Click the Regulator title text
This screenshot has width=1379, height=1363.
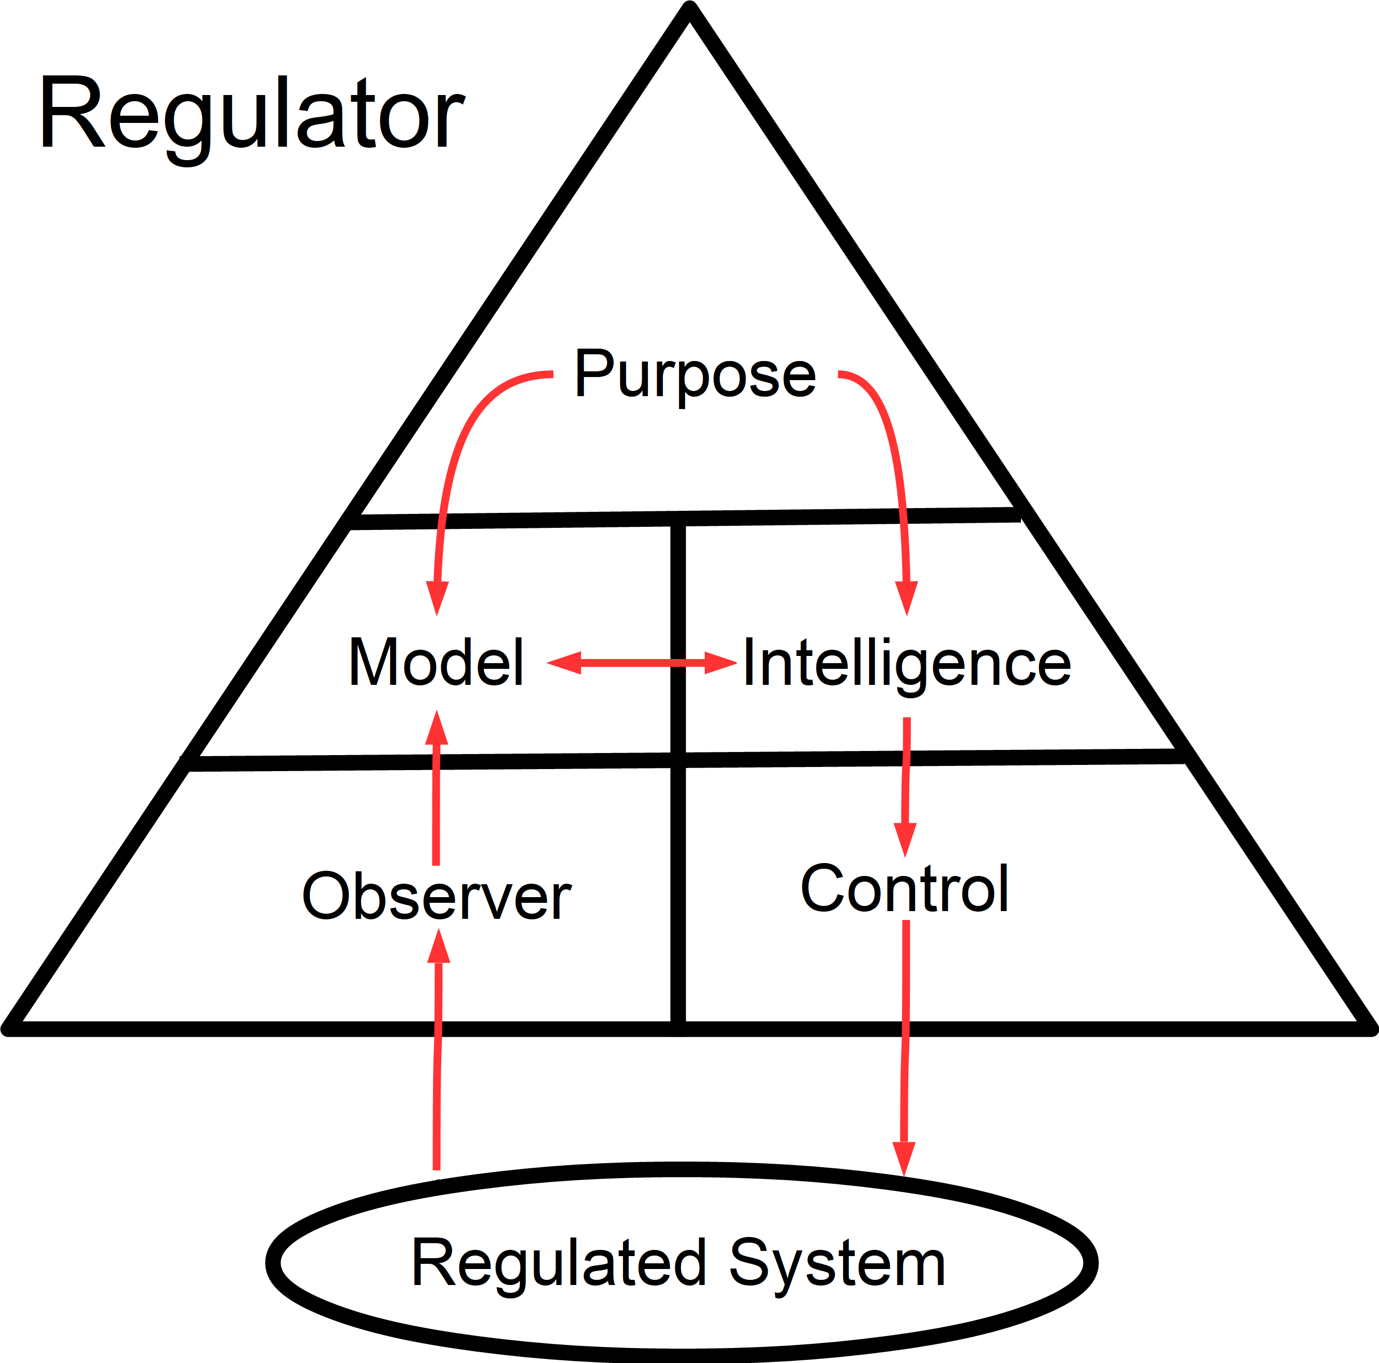[251, 114]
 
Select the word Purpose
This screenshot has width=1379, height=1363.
[694, 374]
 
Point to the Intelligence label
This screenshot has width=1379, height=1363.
[906, 664]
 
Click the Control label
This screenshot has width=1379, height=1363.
[904, 888]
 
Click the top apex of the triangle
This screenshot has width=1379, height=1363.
[689, 9]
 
